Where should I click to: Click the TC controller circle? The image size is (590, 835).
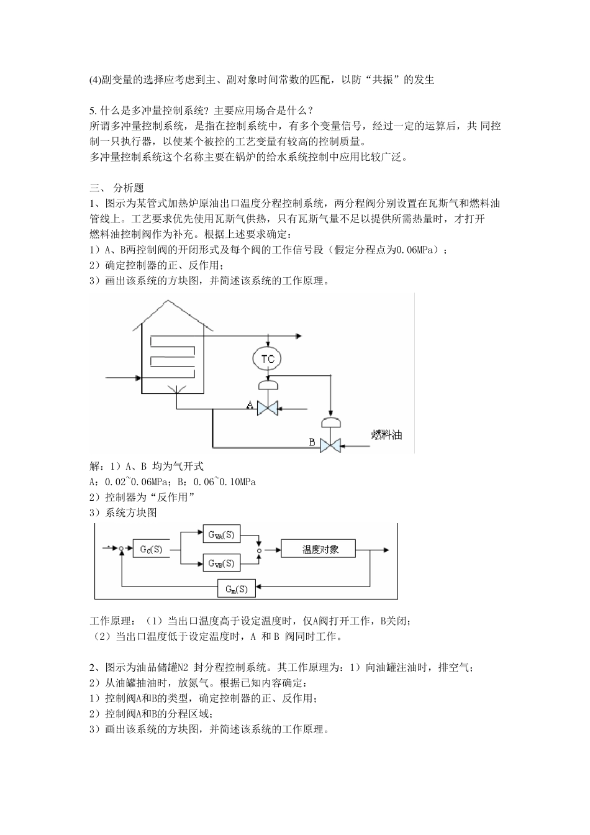268,358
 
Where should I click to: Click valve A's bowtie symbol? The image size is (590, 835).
268,408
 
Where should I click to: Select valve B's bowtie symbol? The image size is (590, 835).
330,444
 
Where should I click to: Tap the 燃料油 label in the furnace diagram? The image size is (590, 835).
386,434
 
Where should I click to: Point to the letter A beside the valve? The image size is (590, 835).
250,406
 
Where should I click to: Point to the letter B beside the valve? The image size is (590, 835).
313,442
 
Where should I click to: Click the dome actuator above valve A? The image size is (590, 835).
268,386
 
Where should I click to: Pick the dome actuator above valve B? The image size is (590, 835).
330,422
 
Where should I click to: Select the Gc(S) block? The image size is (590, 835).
151,549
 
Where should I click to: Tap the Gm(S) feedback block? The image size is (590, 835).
237,588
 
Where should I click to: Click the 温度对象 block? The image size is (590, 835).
319,549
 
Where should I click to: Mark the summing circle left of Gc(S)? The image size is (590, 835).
122,549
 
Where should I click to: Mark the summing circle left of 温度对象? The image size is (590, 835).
260,550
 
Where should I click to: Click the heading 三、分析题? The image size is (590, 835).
117,187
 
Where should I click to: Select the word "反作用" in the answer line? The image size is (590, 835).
176,497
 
